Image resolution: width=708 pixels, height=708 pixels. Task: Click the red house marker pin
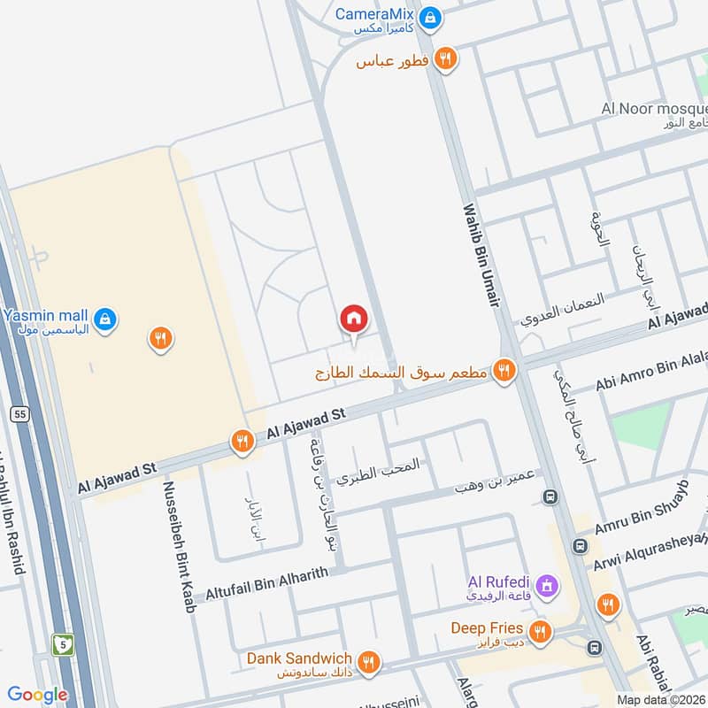tap(353, 319)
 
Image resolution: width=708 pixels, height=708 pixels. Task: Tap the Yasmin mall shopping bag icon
tap(104, 318)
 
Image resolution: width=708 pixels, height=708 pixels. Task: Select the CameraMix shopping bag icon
tap(430, 17)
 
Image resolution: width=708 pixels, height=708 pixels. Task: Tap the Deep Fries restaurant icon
tap(539, 632)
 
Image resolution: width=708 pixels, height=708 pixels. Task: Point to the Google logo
tap(38, 696)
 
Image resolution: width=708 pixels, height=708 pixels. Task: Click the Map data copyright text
tap(659, 700)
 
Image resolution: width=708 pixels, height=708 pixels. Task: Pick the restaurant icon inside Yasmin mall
tap(160, 337)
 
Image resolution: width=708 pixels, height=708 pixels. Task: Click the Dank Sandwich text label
tap(299, 658)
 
